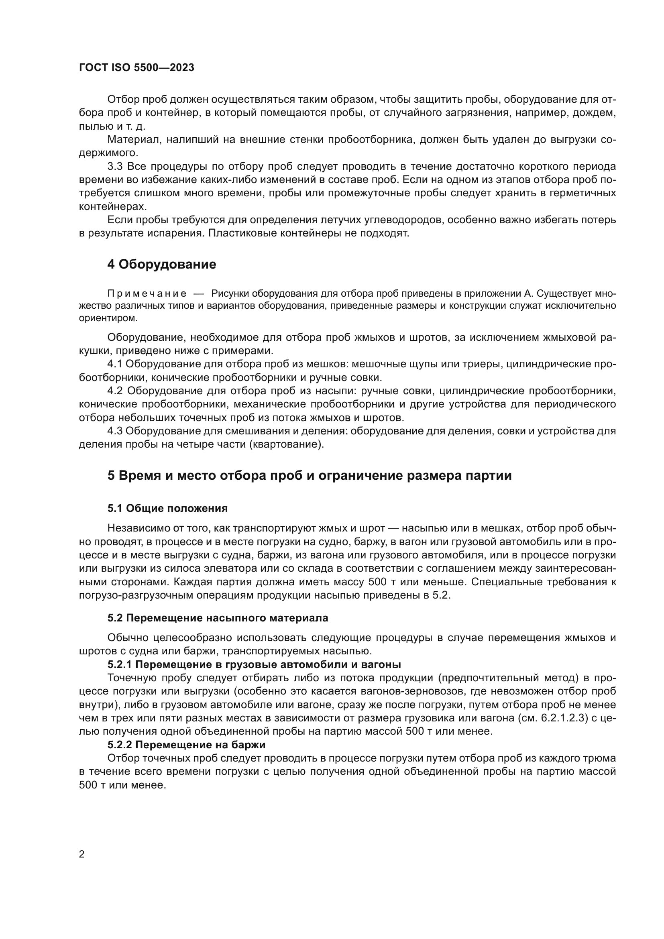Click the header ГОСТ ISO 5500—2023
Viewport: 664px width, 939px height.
point(136,67)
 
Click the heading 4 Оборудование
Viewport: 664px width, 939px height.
point(161,264)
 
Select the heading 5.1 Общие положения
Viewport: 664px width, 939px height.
point(168,508)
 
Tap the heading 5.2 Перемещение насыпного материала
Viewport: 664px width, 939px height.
point(218,617)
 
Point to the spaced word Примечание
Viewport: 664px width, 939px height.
point(147,293)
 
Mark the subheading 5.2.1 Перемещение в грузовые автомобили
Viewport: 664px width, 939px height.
point(254,664)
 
